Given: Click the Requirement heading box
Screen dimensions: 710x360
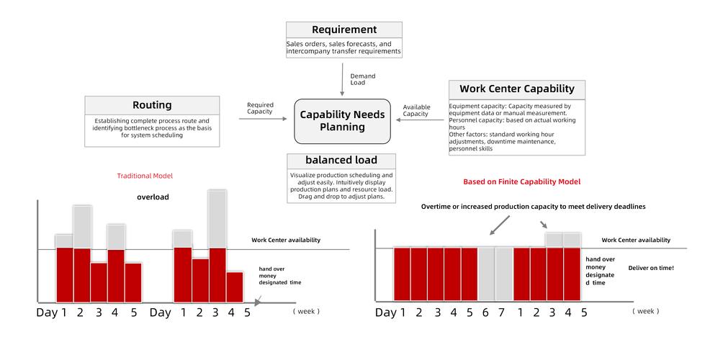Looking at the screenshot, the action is click(x=344, y=30).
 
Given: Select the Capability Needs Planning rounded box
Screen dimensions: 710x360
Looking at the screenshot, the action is click(x=342, y=121).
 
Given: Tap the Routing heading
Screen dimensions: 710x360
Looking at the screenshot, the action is click(x=152, y=105).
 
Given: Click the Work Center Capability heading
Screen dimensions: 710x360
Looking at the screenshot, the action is click(x=516, y=89).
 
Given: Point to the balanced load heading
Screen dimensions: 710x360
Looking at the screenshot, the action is click(x=341, y=161).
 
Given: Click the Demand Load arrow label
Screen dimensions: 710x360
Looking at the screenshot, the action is click(x=363, y=79).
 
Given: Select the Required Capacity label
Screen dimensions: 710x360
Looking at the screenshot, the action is click(x=260, y=108).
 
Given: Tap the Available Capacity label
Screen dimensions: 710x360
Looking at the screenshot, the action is click(x=417, y=110).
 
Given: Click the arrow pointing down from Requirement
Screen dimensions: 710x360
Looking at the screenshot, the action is click(x=342, y=80).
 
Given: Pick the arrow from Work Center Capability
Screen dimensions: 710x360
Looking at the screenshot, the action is click(x=421, y=120).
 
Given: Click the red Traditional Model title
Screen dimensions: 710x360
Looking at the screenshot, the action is click(x=145, y=176).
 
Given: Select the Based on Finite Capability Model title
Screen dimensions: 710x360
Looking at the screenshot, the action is click(x=521, y=181).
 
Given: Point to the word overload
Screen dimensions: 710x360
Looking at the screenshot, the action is click(x=153, y=197).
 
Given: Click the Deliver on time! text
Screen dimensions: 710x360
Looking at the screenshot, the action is click(x=651, y=268).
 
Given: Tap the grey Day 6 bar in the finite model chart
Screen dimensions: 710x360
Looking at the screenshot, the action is click(x=486, y=274).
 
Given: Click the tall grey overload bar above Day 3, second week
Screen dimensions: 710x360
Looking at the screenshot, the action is click(x=217, y=219).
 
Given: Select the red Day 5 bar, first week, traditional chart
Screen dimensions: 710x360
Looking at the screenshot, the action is click(x=133, y=282).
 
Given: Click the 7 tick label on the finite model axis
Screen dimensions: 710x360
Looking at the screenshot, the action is click(x=501, y=312).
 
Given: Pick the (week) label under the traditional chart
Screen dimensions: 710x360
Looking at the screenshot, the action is click(x=306, y=311).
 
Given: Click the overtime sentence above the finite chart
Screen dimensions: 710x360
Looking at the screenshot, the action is click(x=534, y=207).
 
